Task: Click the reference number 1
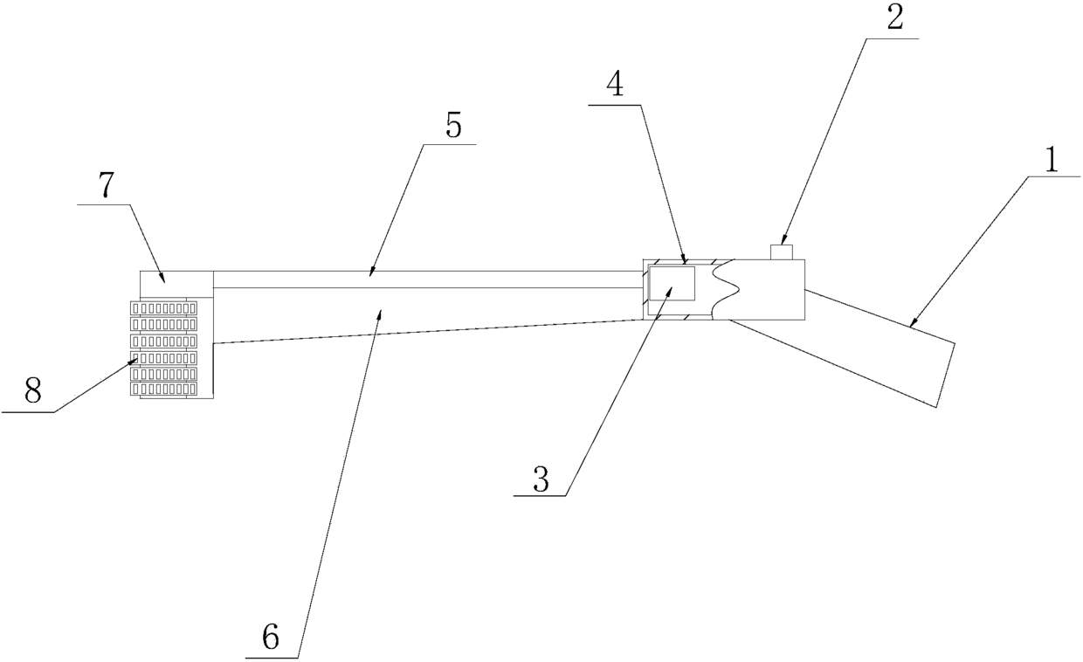pos(1052,161)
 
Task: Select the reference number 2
pos(894,20)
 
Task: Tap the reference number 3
pos(541,480)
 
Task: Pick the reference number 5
pos(452,127)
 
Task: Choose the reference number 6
pos(271,638)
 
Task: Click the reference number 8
pos(32,392)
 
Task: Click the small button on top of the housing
pos(781,252)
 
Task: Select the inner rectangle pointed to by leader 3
pos(672,285)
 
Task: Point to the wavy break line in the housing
pos(725,289)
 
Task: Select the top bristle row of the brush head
pos(163,308)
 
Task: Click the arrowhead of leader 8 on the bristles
pos(136,359)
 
